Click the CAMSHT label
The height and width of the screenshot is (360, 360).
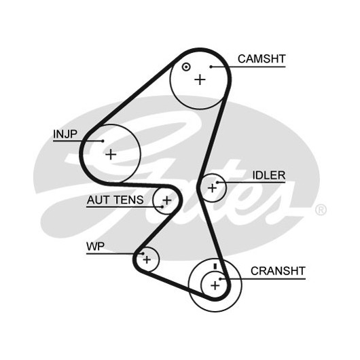point(262,59)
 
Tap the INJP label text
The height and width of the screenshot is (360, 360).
point(65,134)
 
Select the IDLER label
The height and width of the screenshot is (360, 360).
point(269,175)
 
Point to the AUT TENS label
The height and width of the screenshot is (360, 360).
point(115,200)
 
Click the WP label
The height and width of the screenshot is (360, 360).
point(95,247)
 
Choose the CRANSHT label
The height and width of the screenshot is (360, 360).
point(278,271)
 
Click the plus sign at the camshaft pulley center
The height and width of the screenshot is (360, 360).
point(200,80)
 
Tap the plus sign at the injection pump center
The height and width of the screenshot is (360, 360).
point(111,154)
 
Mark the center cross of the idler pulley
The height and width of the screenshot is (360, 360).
point(212,188)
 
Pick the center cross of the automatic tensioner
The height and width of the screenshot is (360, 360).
point(167,200)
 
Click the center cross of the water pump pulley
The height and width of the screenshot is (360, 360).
point(147,259)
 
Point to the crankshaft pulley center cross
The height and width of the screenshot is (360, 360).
point(215,285)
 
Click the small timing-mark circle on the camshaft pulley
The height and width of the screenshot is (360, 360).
point(185,67)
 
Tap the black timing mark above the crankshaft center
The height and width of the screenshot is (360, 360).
point(215,266)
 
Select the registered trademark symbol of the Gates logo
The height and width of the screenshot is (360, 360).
point(321,210)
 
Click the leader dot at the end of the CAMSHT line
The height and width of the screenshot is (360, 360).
point(211,67)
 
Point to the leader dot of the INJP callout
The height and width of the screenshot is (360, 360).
point(103,141)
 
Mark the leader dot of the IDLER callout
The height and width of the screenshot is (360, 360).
point(217,183)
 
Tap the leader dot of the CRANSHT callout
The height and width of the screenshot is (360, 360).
point(220,279)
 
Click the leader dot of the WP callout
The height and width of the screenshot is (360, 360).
point(143,254)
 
